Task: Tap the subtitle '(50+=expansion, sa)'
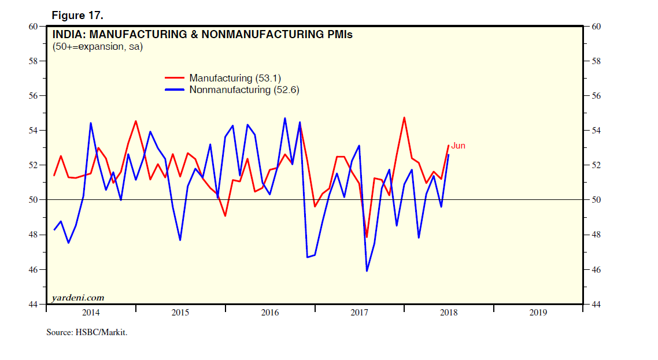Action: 97,47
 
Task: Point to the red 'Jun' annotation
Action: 458,146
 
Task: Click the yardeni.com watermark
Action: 78,298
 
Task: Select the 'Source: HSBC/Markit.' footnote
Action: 86,333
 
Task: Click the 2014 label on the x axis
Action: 91,313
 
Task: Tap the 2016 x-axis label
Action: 270,313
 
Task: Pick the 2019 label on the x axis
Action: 538,313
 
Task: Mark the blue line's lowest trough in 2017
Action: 367,270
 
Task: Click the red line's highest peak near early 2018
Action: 404,118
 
